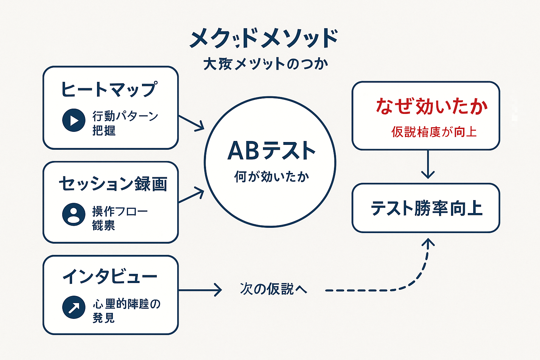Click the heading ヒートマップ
(109, 89)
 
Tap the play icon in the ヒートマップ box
(74, 120)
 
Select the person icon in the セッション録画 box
(74, 214)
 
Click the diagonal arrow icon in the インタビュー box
(74, 307)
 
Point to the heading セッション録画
(113, 184)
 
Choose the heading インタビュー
(110, 277)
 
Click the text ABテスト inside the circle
(271, 151)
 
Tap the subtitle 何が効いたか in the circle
(271, 176)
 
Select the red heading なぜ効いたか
(432, 106)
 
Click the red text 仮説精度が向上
(434, 132)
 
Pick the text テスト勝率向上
(426, 208)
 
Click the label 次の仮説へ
(273, 289)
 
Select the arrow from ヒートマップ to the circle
(192, 123)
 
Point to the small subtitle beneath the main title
(265, 64)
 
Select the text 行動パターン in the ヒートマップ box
(125, 116)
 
